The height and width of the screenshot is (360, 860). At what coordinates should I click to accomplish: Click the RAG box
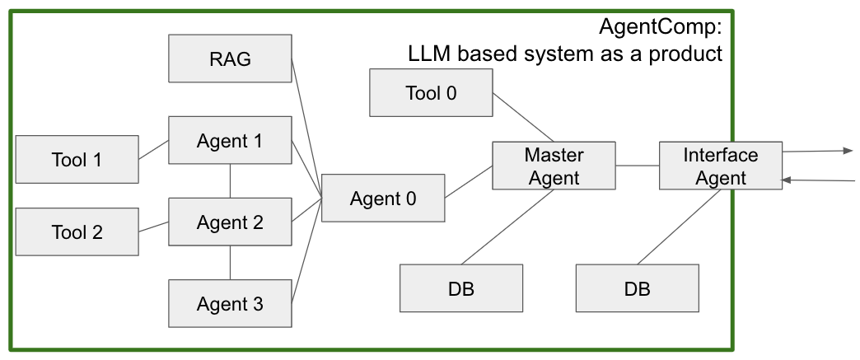pyautogui.click(x=230, y=58)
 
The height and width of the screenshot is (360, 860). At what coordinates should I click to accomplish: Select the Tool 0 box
pyautogui.click(x=431, y=92)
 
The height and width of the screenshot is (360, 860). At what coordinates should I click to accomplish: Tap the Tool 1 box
pyautogui.click(x=77, y=159)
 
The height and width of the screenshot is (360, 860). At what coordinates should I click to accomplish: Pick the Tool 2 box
pyautogui.click(x=77, y=231)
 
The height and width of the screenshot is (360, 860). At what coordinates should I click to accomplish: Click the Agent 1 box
pyautogui.click(x=230, y=141)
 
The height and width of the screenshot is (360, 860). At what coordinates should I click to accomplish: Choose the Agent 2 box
pyautogui.click(x=230, y=222)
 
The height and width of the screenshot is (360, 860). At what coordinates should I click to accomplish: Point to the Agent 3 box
pyautogui.click(x=230, y=304)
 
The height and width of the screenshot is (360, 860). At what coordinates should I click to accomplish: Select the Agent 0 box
pyautogui.click(x=383, y=198)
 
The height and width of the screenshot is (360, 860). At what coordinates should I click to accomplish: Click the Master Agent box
pyautogui.click(x=554, y=166)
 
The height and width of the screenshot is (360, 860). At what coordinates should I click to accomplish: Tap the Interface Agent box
pyautogui.click(x=721, y=166)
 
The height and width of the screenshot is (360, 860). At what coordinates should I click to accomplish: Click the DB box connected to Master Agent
pyautogui.click(x=461, y=288)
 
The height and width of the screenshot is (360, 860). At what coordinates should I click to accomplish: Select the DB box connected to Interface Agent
pyautogui.click(x=637, y=288)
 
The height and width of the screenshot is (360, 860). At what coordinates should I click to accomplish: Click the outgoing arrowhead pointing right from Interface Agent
pyautogui.click(x=848, y=151)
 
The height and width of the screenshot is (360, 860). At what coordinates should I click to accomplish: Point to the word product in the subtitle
pyautogui.click(x=688, y=54)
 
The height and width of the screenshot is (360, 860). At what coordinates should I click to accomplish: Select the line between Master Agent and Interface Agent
pyautogui.click(x=637, y=166)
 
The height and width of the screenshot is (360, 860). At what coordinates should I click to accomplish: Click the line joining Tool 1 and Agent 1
pyautogui.click(x=153, y=149)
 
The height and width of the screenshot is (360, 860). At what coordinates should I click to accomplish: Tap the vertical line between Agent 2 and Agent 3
pyautogui.click(x=230, y=263)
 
